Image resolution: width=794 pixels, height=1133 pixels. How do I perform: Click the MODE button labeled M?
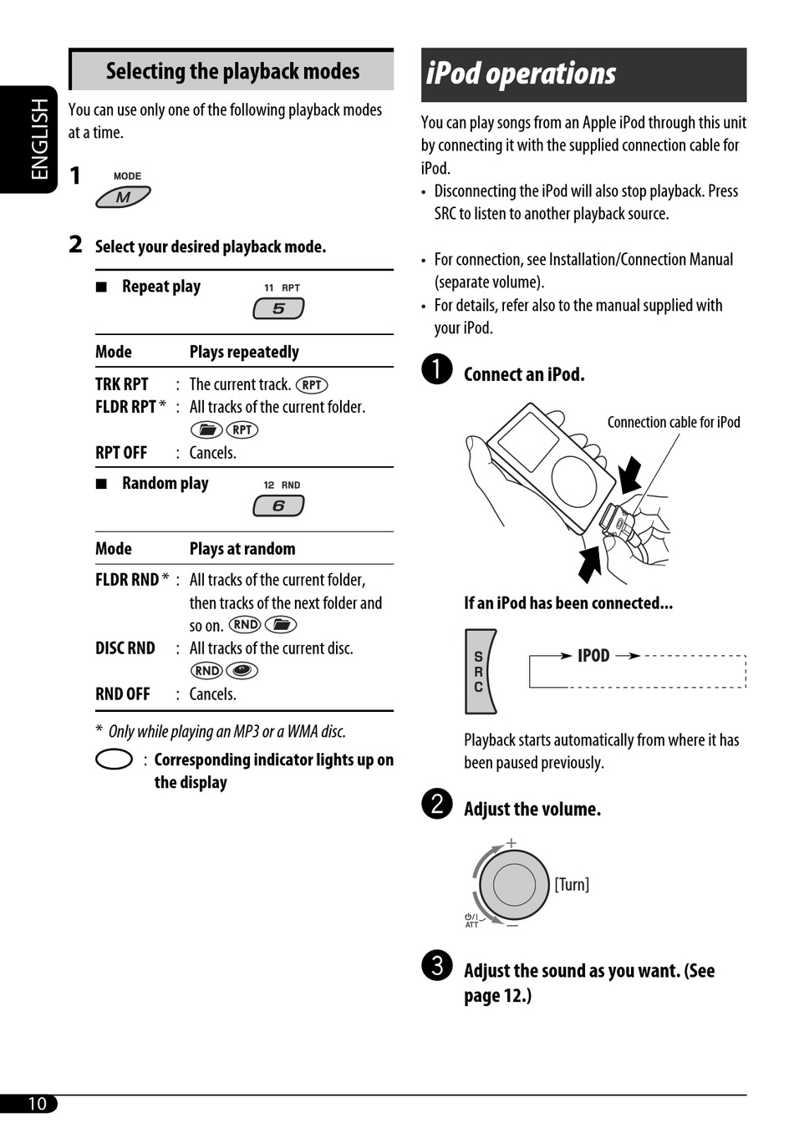tap(123, 197)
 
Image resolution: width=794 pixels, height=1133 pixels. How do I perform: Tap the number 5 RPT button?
tap(278, 308)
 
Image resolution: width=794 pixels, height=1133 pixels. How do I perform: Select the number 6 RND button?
tap(278, 506)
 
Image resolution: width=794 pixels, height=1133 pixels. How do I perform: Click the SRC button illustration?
tap(479, 672)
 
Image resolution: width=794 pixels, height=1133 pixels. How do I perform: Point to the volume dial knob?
tap(513, 884)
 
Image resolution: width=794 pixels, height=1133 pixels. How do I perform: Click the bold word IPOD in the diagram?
tap(593, 656)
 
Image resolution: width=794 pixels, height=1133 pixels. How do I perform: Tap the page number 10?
tap(37, 1103)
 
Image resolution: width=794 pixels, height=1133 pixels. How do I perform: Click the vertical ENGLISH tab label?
tap(39, 139)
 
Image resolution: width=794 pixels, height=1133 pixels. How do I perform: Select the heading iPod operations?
tap(521, 74)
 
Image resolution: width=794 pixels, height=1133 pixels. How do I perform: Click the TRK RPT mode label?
tap(122, 384)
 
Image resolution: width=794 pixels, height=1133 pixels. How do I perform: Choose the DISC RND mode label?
tap(125, 648)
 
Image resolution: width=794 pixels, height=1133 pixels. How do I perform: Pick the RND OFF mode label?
tap(123, 694)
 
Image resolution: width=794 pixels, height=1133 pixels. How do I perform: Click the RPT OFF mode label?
tap(121, 453)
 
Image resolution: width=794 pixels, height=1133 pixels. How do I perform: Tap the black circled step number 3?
tap(437, 965)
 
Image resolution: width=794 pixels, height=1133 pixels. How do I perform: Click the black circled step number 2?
tap(437, 804)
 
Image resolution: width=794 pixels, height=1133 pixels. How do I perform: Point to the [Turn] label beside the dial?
tap(572, 884)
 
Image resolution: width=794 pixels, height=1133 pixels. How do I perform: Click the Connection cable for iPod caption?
tap(674, 422)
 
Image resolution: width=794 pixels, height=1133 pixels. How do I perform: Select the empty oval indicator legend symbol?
tap(115, 760)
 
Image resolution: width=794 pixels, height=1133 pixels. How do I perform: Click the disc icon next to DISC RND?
tap(242, 670)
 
